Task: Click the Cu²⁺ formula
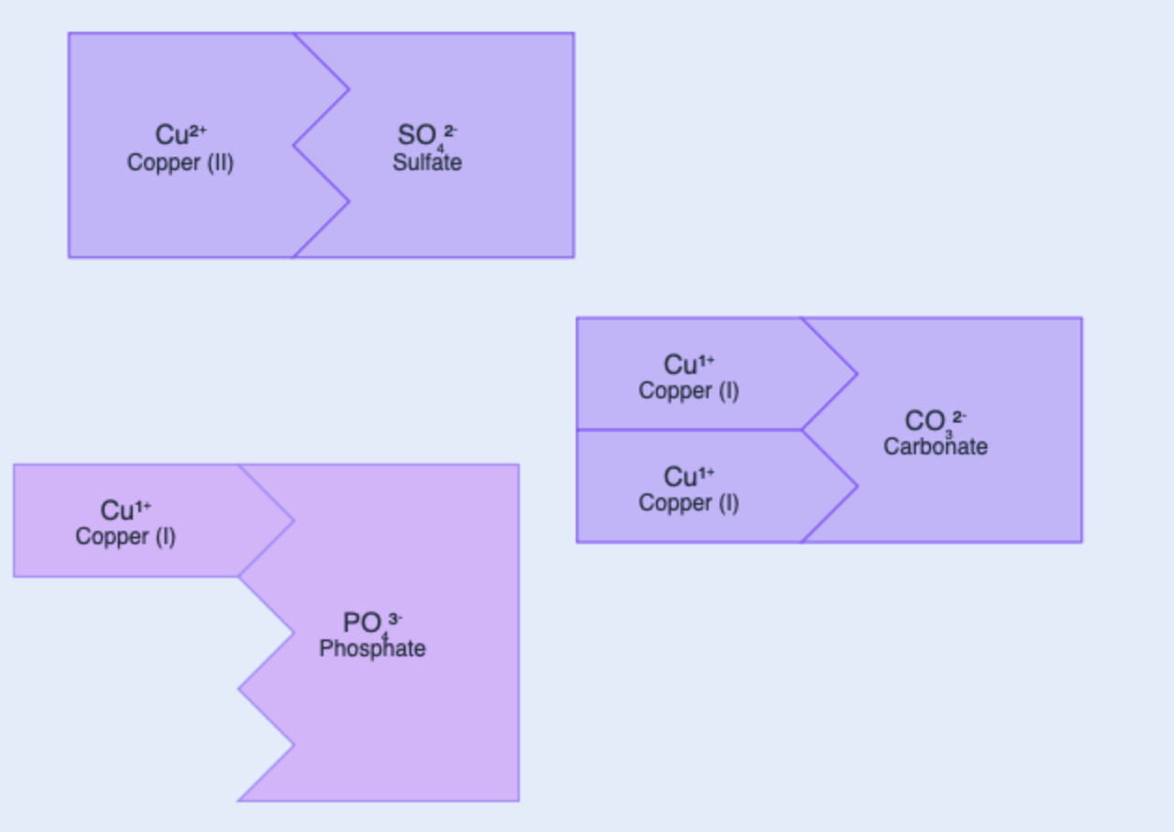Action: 180,136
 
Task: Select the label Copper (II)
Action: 180,163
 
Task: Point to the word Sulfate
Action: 427,163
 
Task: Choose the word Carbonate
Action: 936,447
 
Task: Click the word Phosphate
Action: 372,649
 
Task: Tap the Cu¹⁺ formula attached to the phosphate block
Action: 125,510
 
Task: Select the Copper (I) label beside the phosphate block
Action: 125,537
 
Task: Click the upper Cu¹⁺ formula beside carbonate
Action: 689,365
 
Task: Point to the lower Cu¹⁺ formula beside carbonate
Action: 689,477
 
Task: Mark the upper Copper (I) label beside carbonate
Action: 689,391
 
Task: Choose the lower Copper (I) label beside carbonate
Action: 689,503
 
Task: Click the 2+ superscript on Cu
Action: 198,130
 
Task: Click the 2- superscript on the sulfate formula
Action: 450,131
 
